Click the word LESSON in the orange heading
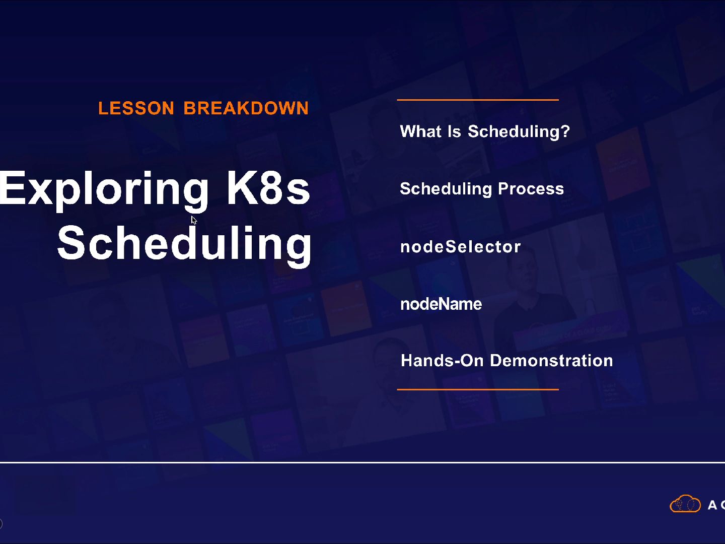click(136, 108)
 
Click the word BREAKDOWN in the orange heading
click(246, 108)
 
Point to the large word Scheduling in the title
click(184, 243)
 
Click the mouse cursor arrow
click(194, 220)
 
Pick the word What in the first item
click(420, 131)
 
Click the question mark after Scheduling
click(565, 131)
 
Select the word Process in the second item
click(531, 189)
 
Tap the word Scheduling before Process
click(446, 189)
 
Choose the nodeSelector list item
click(460, 247)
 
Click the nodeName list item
click(441, 304)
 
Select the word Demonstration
click(551, 361)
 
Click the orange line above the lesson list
click(477, 100)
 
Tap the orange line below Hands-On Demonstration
click(477, 389)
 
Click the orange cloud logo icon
click(685, 504)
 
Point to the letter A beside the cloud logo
click(712, 505)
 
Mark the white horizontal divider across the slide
click(362, 462)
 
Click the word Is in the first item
click(454, 131)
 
